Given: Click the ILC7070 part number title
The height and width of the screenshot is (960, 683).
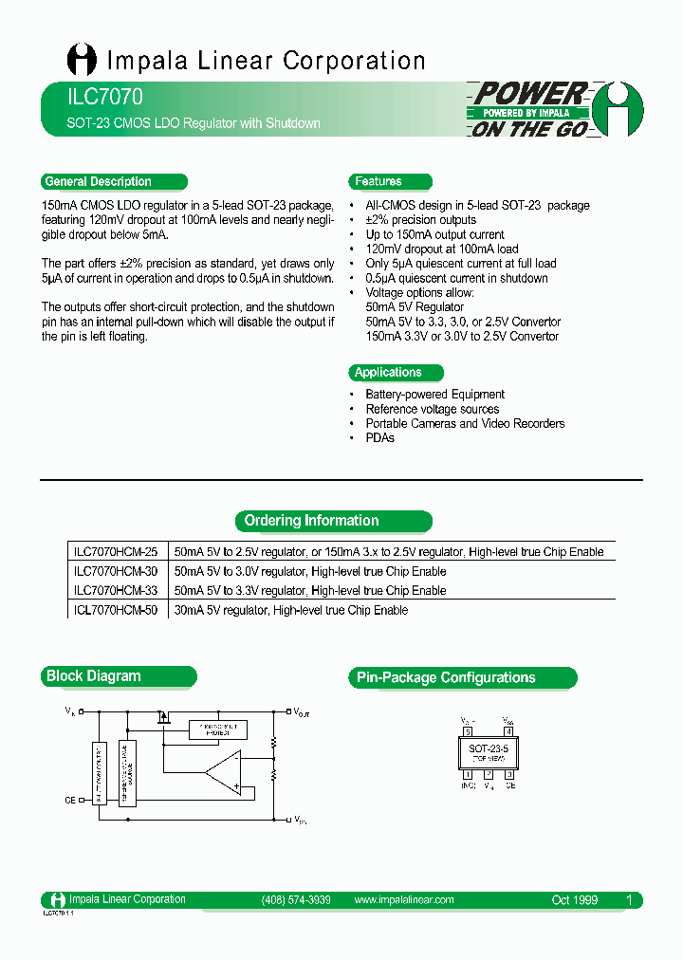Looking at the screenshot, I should (x=93, y=98).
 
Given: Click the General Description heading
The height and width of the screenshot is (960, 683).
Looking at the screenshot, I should (x=99, y=181).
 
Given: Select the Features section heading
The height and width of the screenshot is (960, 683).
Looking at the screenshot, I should (x=378, y=181).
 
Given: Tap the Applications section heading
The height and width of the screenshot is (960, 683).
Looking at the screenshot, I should (x=388, y=372).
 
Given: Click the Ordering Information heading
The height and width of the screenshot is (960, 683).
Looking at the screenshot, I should (x=311, y=521).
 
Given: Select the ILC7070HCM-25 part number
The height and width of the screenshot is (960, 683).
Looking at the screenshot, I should (x=116, y=552).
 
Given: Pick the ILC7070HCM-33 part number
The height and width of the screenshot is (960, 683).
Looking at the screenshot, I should (x=116, y=590).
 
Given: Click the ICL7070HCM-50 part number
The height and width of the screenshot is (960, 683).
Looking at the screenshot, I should (x=116, y=610).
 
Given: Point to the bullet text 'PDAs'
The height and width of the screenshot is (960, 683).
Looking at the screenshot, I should (x=379, y=438).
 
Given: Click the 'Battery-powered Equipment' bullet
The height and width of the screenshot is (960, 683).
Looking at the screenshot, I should (x=434, y=394).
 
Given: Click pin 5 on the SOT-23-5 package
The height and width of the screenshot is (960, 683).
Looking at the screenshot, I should (x=468, y=731).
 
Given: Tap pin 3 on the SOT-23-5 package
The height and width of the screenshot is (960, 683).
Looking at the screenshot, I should (x=509, y=774).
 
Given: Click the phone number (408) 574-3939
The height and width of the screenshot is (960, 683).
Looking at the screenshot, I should (x=295, y=899).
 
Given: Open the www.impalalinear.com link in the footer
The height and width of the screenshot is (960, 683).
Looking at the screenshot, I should (x=403, y=899).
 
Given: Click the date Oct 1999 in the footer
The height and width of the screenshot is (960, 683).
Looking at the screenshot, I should (x=575, y=899).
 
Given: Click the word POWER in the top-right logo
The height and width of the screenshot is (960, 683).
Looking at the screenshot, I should (x=529, y=94).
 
